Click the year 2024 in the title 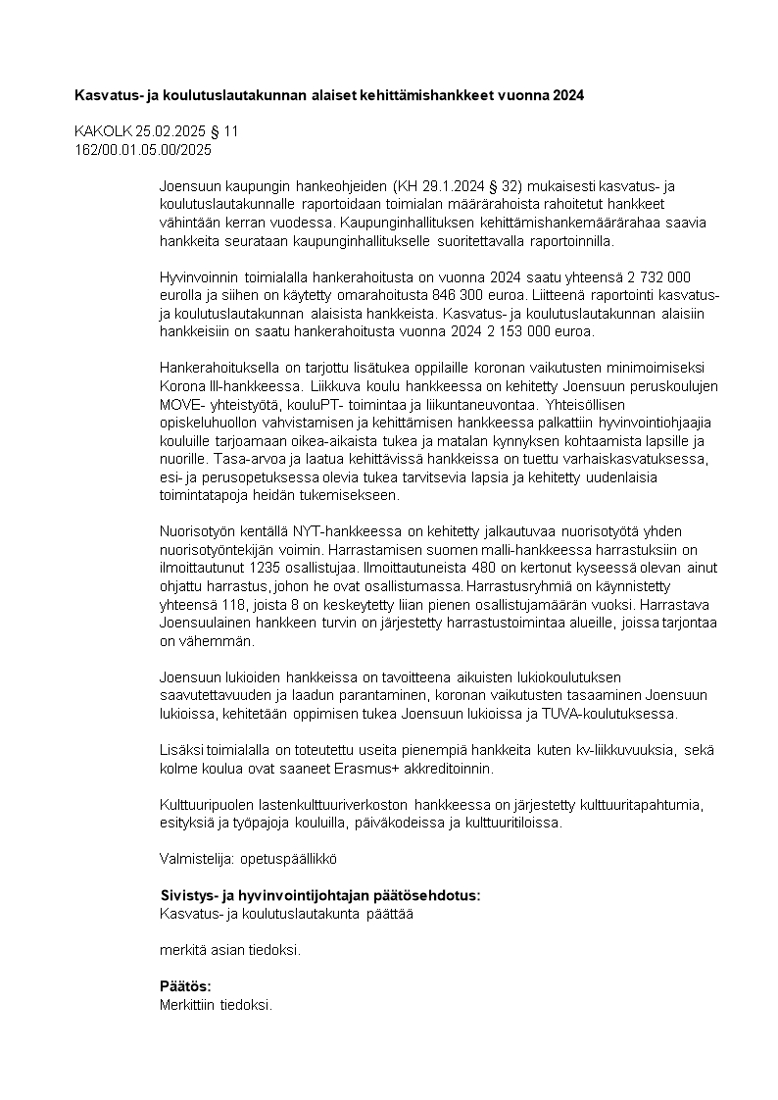tap(568, 96)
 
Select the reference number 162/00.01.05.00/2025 tap(143, 150)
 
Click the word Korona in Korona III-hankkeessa tap(182, 386)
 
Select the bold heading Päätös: tap(185, 987)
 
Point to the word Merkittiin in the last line tap(187, 1005)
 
